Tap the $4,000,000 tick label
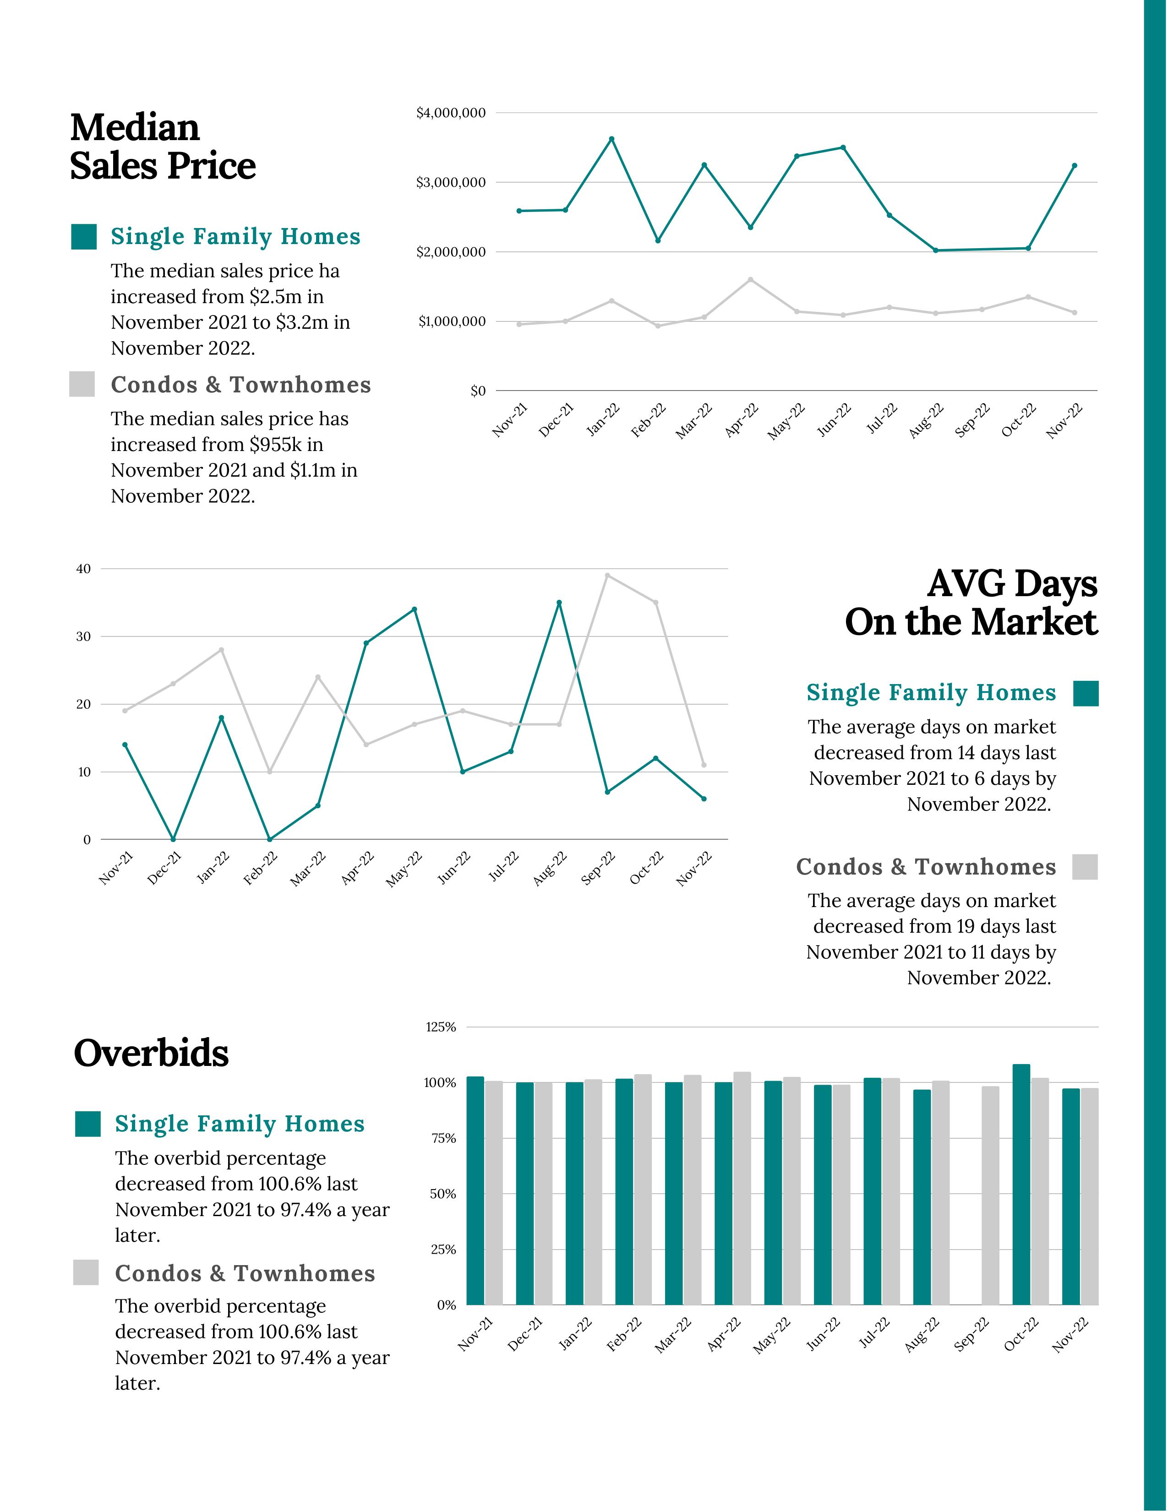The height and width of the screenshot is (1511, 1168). tap(450, 113)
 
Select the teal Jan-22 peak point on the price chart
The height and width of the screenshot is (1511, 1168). tap(611, 139)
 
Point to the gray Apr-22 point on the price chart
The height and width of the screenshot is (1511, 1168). tap(750, 279)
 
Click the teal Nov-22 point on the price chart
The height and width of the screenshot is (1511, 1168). tap(1074, 165)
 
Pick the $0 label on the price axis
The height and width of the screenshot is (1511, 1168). tap(477, 391)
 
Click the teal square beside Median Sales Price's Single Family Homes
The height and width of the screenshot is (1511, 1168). tap(84, 237)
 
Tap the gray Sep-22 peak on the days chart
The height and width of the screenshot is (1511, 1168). tap(607, 575)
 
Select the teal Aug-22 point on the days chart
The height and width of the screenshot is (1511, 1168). tap(559, 603)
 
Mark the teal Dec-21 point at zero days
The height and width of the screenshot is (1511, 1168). tap(173, 839)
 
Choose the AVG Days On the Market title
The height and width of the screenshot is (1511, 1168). tap(971, 603)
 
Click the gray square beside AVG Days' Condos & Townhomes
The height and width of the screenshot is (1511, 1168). tap(1085, 867)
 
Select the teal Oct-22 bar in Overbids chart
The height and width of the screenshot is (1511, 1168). tap(1021, 1185)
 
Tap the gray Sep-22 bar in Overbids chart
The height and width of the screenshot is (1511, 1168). tap(990, 1196)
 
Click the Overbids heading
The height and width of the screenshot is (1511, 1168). tap(151, 1054)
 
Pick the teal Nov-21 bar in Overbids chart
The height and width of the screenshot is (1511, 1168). tap(475, 1190)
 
